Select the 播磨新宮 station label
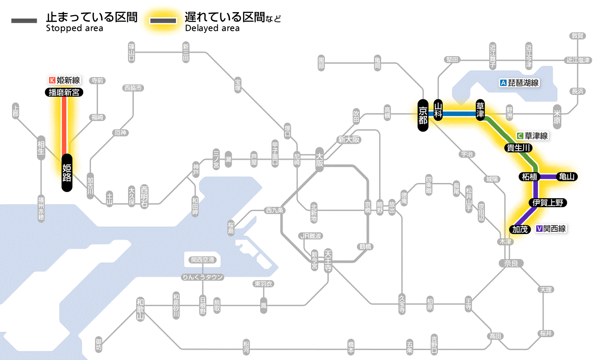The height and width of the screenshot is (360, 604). point(64,92)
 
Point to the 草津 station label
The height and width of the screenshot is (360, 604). point(480,111)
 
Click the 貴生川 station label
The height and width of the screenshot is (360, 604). point(519,148)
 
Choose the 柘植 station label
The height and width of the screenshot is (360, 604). point(528,177)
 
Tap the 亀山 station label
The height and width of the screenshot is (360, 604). point(567,177)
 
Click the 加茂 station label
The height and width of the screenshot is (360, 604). point(520,229)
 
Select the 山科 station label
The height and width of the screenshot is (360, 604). point(438,111)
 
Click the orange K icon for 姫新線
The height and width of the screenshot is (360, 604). point(52,80)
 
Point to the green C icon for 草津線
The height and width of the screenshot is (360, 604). point(520,136)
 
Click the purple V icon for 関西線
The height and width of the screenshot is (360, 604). point(539,229)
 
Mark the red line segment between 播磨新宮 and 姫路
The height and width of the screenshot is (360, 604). point(64,125)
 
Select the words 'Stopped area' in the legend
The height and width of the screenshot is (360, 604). point(75,28)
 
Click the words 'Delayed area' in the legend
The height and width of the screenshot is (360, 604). point(212,28)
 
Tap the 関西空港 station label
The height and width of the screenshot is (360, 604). point(202,260)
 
